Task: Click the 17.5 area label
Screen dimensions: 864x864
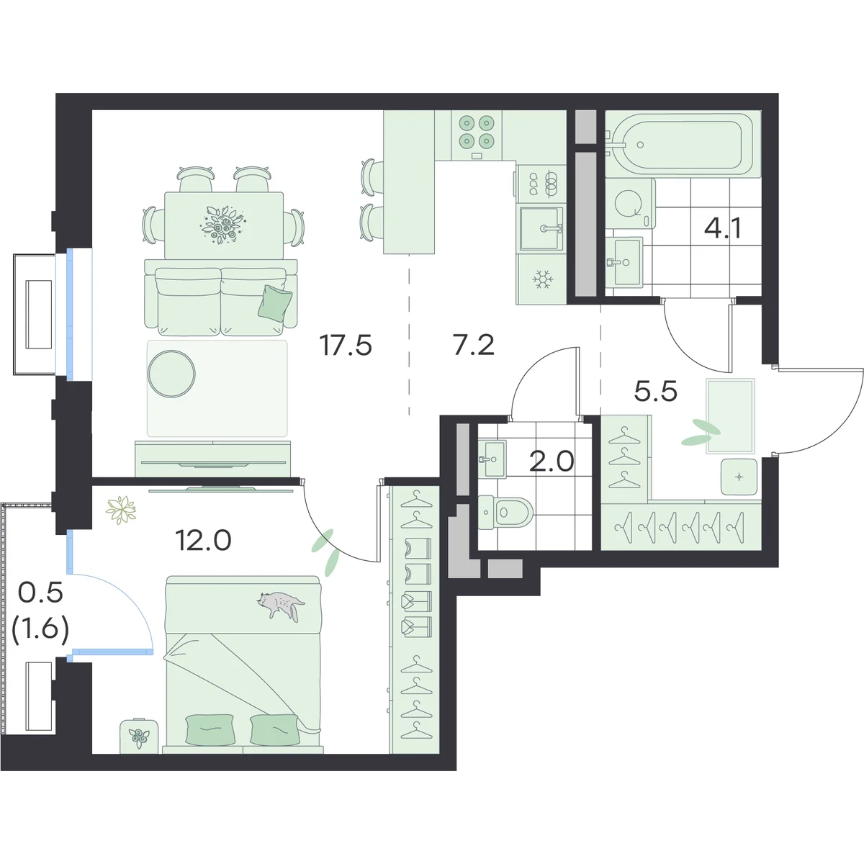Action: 346,346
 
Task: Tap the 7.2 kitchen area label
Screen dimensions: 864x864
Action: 474,346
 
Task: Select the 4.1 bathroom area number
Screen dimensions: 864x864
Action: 723,229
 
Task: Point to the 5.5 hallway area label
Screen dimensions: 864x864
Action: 655,392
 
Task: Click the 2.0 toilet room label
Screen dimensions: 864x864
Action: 552,462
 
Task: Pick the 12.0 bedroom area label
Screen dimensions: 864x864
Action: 204,540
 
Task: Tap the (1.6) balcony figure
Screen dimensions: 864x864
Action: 40,629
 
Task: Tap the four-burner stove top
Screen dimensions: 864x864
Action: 476,132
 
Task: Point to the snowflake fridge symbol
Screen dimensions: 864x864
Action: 543,280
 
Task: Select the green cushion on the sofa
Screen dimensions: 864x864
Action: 275,302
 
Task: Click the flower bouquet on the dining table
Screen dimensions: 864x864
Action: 223,225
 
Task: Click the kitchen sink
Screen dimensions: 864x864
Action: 541,228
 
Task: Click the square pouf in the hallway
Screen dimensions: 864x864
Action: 739,477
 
